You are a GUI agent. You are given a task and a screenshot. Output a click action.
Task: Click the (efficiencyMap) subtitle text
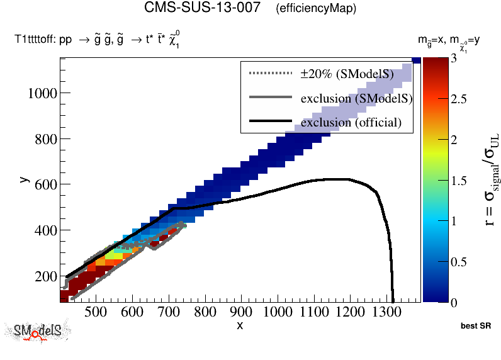coord(316,9)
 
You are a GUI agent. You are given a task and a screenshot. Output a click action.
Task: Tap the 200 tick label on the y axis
coord(46,276)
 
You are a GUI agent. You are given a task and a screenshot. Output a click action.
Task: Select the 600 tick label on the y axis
coord(46,185)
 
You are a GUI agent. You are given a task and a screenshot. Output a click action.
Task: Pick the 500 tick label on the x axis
coord(95,313)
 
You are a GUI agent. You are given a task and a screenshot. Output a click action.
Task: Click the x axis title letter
coord(240,325)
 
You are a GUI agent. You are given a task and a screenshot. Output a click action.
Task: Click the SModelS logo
coord(38,331)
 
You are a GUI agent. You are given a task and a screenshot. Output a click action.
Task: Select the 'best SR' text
coord(475,327)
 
